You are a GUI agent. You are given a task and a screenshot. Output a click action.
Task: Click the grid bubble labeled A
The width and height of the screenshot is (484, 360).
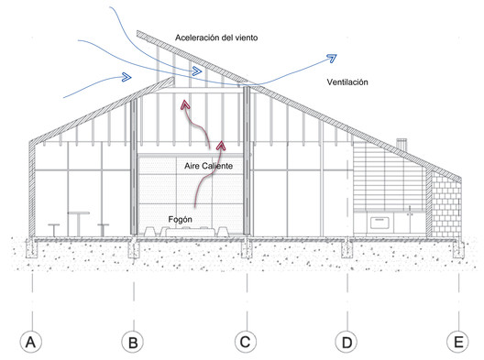31,342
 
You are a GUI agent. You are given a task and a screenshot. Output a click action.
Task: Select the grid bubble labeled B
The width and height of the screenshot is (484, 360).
133,342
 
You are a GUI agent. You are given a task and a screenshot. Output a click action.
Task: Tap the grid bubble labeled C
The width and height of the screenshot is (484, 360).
246,342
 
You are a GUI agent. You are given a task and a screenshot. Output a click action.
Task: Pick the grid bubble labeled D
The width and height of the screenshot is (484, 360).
346,342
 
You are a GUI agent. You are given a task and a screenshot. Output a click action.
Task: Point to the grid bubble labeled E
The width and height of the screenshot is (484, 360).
457,342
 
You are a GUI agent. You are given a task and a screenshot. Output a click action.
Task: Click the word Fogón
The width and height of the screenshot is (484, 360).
181,220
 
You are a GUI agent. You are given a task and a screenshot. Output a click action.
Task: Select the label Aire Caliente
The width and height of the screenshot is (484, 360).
209,166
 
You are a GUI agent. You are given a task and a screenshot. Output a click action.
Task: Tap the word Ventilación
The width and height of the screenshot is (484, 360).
347,82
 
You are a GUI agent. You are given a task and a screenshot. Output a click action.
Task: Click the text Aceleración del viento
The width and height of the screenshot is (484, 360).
216,38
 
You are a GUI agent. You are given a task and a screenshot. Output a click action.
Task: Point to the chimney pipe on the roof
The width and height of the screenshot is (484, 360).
401,145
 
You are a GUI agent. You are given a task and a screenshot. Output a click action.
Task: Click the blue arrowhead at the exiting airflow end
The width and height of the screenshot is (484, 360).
332,58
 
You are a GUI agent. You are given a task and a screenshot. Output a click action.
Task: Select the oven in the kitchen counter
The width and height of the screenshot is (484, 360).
380,223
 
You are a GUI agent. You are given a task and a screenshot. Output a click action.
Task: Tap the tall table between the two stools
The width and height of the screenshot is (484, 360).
79,224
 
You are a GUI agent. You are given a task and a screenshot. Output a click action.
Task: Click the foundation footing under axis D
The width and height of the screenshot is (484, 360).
346,248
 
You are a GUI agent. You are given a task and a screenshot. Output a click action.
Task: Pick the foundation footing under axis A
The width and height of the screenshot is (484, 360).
31,248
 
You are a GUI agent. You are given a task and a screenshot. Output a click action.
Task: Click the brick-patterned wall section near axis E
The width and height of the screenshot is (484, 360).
445,204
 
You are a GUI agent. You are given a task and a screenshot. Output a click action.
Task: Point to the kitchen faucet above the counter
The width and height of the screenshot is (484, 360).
410,211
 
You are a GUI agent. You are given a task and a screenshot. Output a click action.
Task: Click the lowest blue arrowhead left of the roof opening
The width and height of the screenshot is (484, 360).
126,77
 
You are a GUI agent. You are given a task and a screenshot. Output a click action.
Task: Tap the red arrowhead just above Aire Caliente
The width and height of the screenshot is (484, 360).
221,146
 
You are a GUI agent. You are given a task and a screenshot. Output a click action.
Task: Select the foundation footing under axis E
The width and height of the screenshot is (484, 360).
458,248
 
